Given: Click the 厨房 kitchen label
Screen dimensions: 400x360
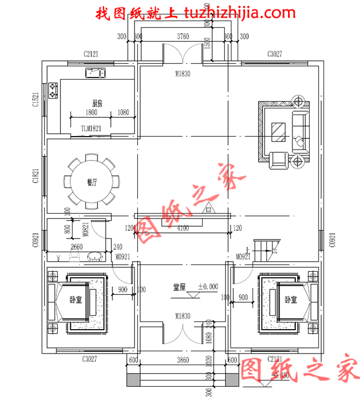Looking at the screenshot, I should tap(97, 103).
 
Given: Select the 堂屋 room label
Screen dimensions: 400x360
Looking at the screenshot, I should tap(179, 287).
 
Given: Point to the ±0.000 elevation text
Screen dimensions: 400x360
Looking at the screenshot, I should tap(208, 287).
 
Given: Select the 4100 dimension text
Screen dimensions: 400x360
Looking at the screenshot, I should tap(182, 228).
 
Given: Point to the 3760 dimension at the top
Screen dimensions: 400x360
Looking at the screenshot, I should tap(182, 37).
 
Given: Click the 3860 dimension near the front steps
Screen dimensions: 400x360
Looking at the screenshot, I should tap(182, 360).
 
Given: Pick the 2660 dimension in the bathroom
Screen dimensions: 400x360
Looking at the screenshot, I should tap(77, 247).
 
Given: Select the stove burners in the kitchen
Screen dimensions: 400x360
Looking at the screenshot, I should tap(54, 90).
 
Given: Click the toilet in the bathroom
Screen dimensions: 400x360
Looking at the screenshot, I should tap(95, 257).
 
